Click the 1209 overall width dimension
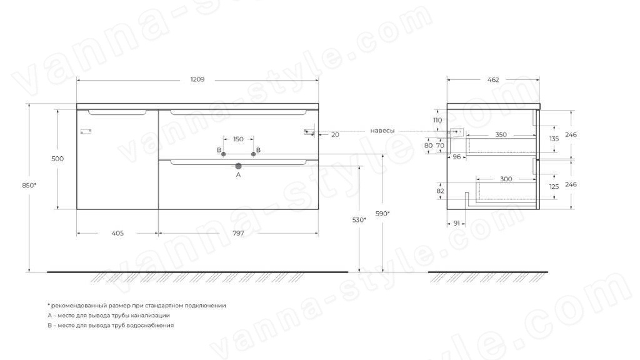click(x=197, y=79)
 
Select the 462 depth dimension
click(x=493, y=80)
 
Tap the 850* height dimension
click(x=29, y=185)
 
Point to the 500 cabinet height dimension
click(x=57, y=159)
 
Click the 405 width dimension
click(x=117, y=234)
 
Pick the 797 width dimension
click(x=238, y=234)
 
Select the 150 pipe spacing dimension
click(x=238, y=139)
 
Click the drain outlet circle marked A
click(x=238, y=166)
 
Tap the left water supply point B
click(x=223, y=154)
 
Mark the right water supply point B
click(x=254, y=154)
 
